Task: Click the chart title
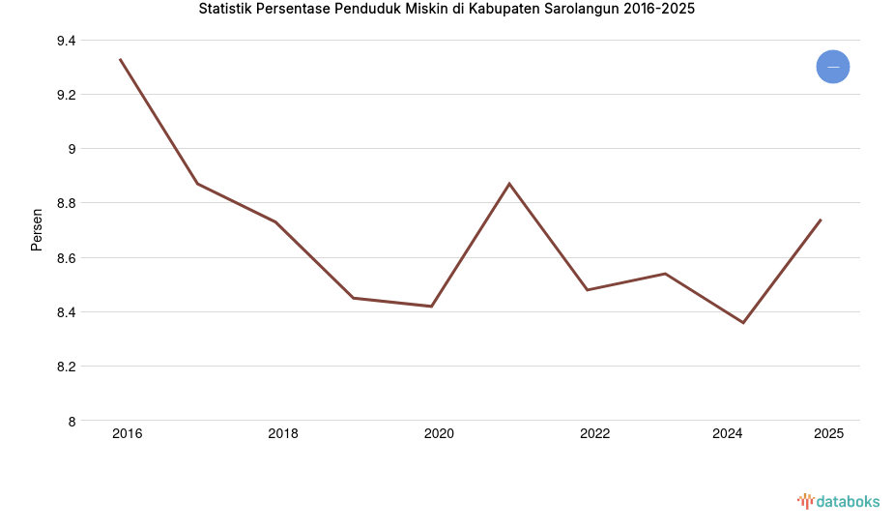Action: (447, 10)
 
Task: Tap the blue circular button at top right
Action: (832, 67)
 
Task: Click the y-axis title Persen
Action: (37, 229)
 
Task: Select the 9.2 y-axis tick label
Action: (66, 95)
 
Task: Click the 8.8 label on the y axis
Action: (66, 203)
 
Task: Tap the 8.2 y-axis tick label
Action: (66, 367)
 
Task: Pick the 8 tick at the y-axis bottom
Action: (72, 421)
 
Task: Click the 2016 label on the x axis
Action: (127, 434)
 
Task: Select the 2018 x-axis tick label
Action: (283, 434)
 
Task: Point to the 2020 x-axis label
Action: (439, 434)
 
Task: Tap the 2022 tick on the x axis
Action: (594, 434)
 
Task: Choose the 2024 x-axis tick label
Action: (727, 434)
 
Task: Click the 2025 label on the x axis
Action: (828, 434)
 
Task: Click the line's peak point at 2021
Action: (509, 184)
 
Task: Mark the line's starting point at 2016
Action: (120, 59)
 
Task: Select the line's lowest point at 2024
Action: (743, 323)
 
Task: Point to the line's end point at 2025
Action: (821, 220)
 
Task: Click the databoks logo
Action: (838, 501)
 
